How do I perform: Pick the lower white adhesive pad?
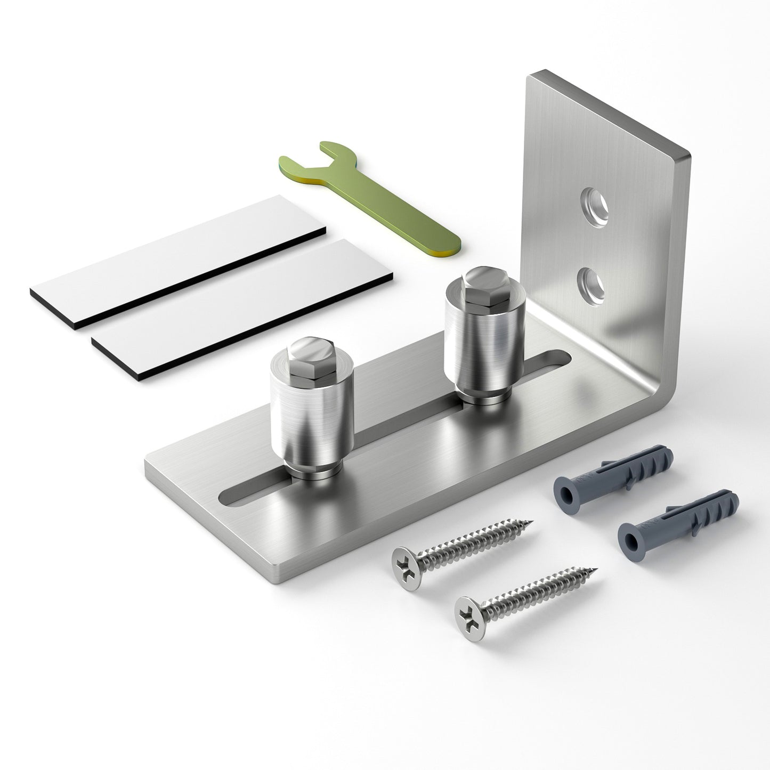[242, 309]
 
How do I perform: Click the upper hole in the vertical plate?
[594, 206]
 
